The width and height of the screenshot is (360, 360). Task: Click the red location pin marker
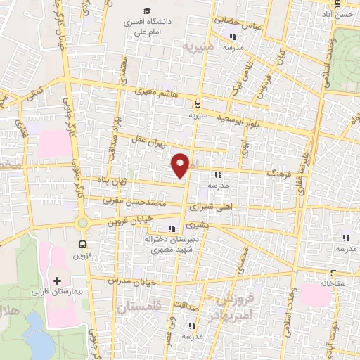pos(181,165)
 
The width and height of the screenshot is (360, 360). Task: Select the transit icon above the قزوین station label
pos(84,245)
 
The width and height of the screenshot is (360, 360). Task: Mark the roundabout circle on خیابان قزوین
pos(84,223)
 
